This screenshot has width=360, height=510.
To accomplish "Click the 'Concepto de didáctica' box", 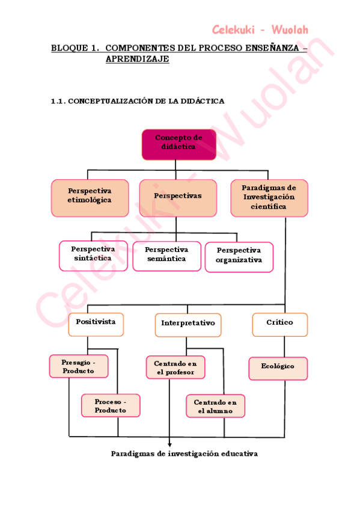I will pyautogui.click(x=178, y=144).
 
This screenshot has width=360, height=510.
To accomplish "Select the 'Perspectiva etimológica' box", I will pyautogui.click(x=90, y=198).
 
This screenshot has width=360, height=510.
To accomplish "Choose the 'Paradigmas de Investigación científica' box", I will pyautogui.click(x=269, y=198).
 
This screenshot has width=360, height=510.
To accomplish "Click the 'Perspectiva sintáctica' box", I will pyautogui.click(x=93, y=256).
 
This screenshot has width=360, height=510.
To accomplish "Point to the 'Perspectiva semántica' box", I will pyautogui.click(x=166, y=256).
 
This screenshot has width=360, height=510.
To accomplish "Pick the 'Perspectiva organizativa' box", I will pyautogui.click(x=239, y=257).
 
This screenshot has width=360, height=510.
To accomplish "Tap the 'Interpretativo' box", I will pyautogui.click(x=188, y=325).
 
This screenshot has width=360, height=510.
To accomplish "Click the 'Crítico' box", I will pyautogui.click(x=279, y=324).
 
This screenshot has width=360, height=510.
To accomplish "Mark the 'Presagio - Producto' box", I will pyautogui.click(x=79, y=366).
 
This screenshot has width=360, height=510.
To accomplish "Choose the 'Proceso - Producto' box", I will pyautogui.click(x=111, y=405).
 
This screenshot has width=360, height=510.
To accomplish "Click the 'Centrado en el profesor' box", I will pyautogui.click(x=175, y=367).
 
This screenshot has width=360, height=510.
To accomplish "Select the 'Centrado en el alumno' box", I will pyautogui.click(x=215, y=406).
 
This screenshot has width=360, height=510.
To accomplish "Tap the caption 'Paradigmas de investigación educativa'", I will pyautogui.click(x=184, y=454).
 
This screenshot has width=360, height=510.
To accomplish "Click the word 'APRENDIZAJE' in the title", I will pyautogui.click(x=137, y=59).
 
